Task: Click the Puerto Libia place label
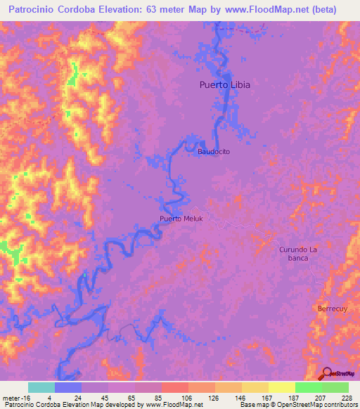(221, 85)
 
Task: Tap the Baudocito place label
(214, 151)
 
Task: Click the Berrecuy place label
(333, 309)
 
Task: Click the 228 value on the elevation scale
(346, 397)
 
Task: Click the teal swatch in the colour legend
(41, 387)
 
